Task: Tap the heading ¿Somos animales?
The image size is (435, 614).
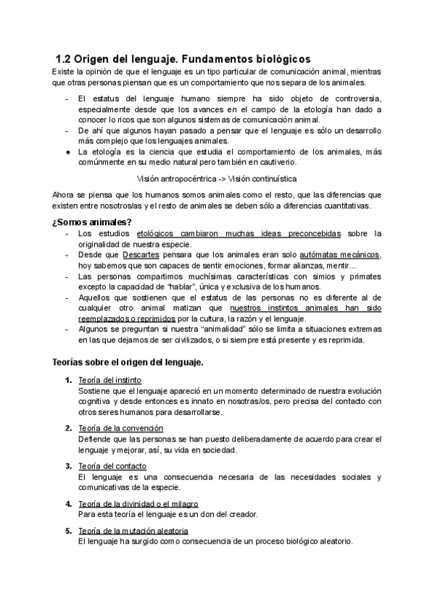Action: [91, 221]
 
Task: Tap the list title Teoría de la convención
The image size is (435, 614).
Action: [120, 428]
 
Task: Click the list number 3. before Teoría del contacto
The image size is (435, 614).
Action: [67, 466]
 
